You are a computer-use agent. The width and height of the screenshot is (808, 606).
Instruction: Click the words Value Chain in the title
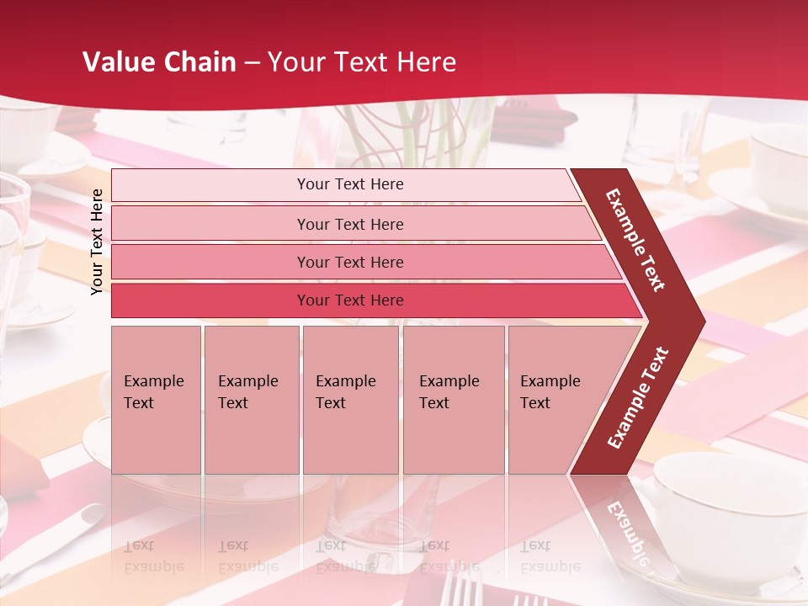pos(159,62)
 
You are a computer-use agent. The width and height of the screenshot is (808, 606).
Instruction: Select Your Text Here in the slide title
pos(362,62)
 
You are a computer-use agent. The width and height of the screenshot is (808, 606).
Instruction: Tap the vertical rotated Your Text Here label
pos(97,242)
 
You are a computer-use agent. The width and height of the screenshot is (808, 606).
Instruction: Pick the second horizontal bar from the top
pos(349,224)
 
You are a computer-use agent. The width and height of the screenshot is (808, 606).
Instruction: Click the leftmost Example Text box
pos(156,400)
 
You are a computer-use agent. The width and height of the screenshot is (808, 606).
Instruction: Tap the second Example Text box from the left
pos(251,400)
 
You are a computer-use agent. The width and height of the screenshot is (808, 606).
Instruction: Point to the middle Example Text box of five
pos(350,400)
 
